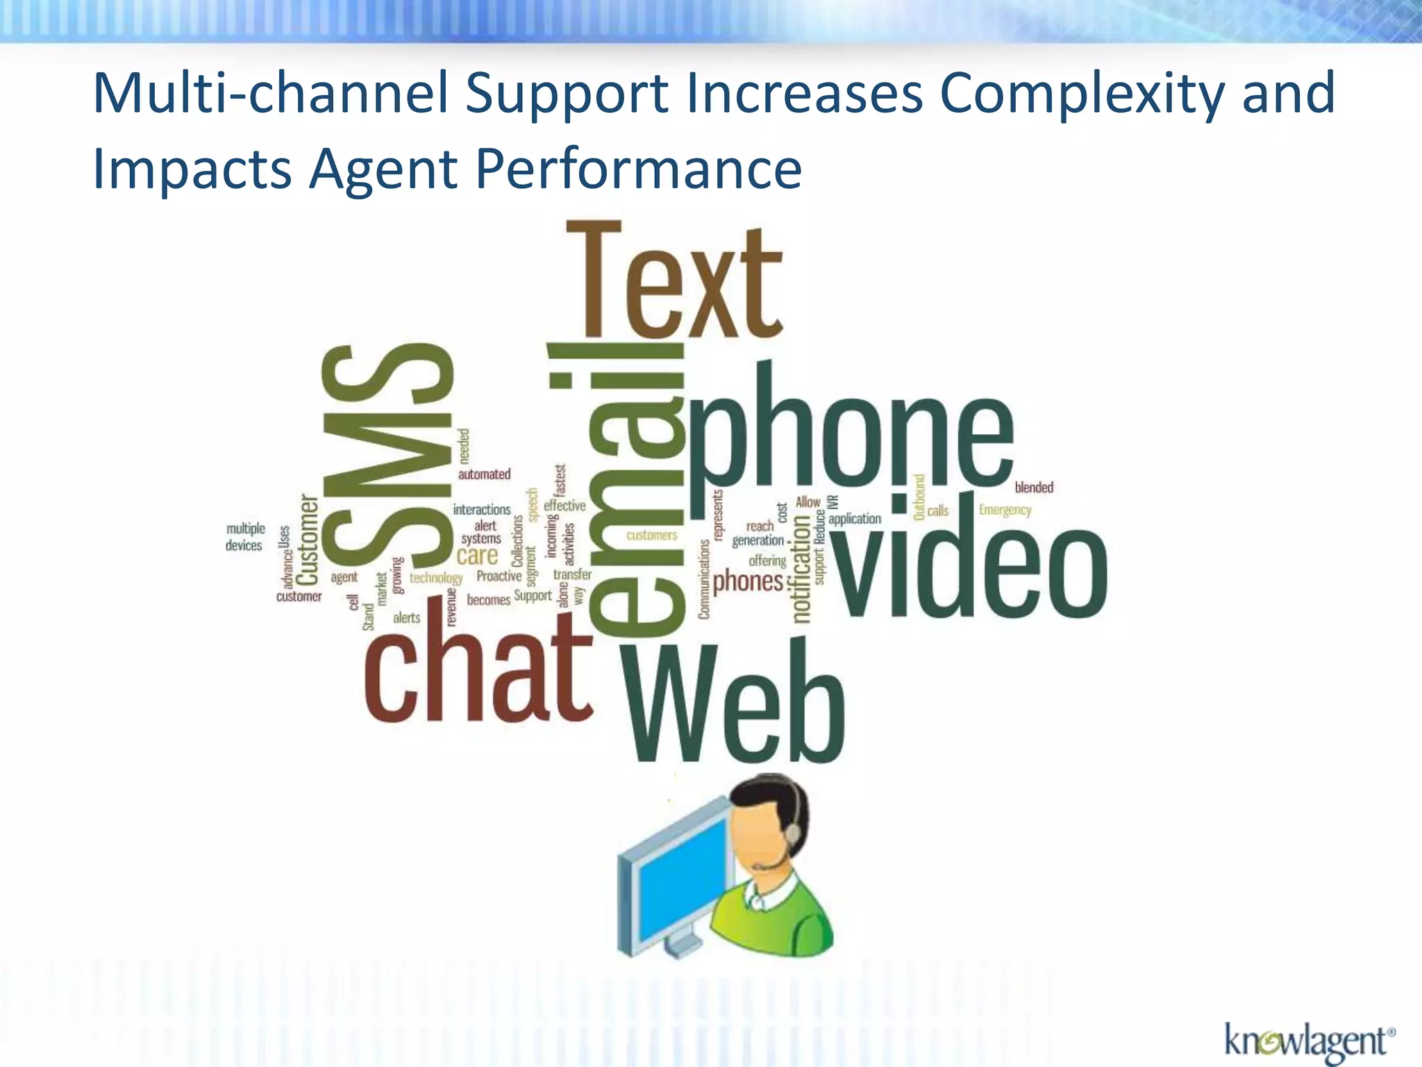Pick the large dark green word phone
(x=851, y=434)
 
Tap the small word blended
(x=1034, y=488)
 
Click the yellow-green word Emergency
(x=1005, y=511)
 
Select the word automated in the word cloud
(x=484, y=474)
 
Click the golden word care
(x=477, y=556)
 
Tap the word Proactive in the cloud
(x=499, y=576)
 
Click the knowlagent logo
(x=1310, y=1043)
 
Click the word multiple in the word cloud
(x=246, y=529)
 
